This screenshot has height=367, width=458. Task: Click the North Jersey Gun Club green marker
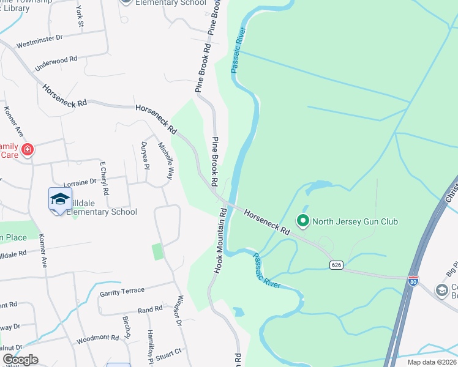point(302,220)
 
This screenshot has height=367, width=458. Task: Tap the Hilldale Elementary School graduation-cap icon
point(60,199)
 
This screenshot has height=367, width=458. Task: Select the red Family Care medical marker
point(27,149)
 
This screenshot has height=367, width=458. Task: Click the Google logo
point(20,360)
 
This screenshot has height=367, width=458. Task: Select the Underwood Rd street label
point(56,64)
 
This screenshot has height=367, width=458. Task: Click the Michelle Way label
point(166,161)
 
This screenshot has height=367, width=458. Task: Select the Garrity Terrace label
point(122,291)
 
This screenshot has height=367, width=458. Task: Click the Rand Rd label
point(150,311)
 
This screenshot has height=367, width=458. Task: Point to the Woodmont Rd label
point(97,338)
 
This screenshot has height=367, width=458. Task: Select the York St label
point(80,17)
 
